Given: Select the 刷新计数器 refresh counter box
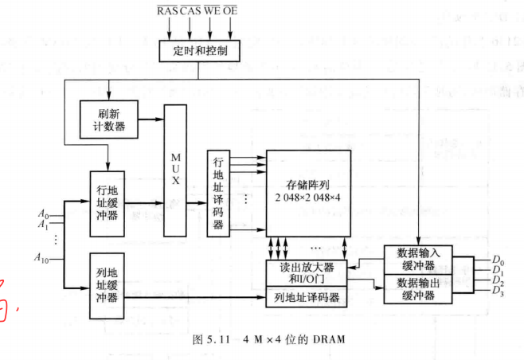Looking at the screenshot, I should pyautogui.click(x=108, y=118).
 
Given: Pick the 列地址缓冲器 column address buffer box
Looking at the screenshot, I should pyautogui.click(x=108, y=285).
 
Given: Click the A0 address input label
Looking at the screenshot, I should pyautogui.click(x=42, y=213).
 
